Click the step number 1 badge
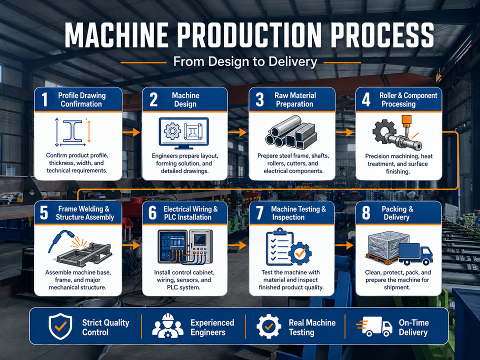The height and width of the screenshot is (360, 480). pyautogui.click(x=44, y=99)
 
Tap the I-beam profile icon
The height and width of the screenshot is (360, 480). pyautogui.click(x=72, y=131)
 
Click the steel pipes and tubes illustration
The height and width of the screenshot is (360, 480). pyautogui.click(x=290, y=131)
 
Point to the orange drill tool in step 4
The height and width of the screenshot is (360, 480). pyautogui.click(x=406, y=123)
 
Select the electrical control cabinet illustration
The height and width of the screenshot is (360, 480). pyautogui.click(x=185, y=247)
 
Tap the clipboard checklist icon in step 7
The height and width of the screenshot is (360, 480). pyautogui.click(x=279, y=246)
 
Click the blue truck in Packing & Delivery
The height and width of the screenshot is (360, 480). pyautogui.click(x=415, y=254)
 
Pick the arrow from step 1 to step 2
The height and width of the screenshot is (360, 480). pyautogui.click(x=131, y=132)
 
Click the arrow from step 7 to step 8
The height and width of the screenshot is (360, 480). pyautogui.click(x=344, y=245)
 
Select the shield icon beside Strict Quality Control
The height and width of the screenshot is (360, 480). pyautogui.click(x=60, y=326)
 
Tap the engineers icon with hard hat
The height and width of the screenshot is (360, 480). pyautogui.click(x=168, y=326)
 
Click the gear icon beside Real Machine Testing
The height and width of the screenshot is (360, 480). pyautogui.click(x=268, y=326)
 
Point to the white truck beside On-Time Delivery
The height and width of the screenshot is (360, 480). pyautogui.click(x=374, y=326)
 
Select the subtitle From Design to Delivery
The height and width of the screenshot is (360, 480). pyautogui.click(x=245, y=62)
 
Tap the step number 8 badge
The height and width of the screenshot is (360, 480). pyautogui.click(x=366, y=213)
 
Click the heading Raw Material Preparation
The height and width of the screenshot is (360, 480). pyautogui.click(x=295, y=100)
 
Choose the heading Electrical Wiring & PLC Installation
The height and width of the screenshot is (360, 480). pyautogui.click(x=190, y=213)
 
